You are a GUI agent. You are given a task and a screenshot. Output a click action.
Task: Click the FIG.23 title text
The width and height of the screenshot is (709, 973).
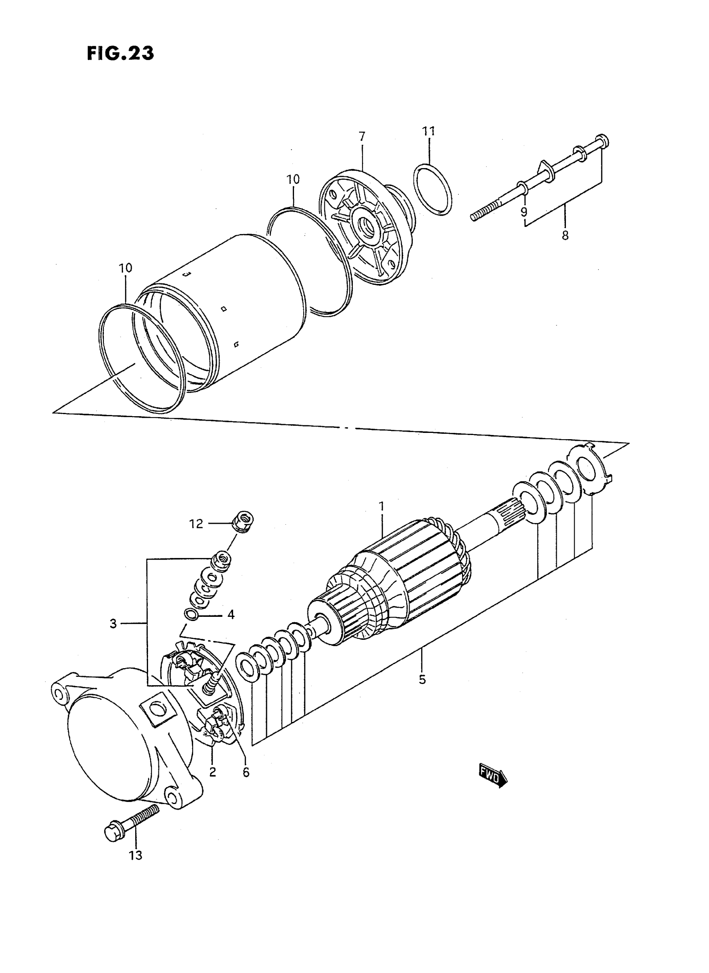point(120,53)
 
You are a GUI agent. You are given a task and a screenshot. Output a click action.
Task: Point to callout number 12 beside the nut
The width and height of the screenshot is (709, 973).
point(196,524)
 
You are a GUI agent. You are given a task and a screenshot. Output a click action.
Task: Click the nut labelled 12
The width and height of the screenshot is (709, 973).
point(244,521)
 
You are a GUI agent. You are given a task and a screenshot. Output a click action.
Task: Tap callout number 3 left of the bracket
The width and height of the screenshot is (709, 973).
point(113,624)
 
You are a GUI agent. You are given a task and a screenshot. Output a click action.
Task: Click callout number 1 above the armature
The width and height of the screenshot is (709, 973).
point(381,506)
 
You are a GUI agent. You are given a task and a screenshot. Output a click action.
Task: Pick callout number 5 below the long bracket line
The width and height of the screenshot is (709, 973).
point(422,679)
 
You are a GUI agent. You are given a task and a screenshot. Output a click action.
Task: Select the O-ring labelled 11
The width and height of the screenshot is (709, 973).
point(433,189)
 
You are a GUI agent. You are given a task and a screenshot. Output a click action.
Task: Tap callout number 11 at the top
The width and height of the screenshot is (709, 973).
point(429,131)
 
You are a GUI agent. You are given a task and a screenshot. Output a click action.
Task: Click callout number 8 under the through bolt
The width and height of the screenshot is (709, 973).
point(565,235)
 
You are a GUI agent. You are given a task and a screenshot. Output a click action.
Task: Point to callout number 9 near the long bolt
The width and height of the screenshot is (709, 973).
point(523,211)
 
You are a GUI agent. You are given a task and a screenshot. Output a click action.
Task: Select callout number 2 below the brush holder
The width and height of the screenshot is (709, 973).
point(212,772)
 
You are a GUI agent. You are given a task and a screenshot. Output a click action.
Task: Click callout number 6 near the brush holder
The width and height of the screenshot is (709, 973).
point(246,772)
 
